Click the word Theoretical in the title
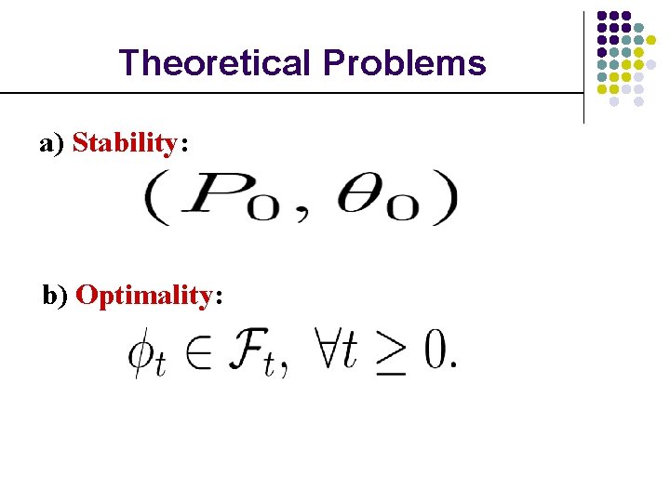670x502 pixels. (216, 63)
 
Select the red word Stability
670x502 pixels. (124, 143)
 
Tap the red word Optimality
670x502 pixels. (144, 296)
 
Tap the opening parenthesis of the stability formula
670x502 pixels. (154, 200)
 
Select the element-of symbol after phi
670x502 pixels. (198, 355)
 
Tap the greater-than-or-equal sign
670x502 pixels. (390, 354)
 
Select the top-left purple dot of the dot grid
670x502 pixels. (602, 16)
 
